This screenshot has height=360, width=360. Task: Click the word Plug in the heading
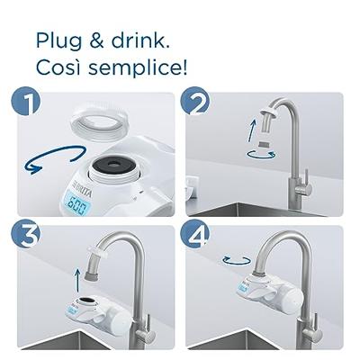click(58, 40)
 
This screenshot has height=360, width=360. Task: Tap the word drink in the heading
click(140, 40)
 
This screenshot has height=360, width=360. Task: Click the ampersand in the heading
click(96, 40)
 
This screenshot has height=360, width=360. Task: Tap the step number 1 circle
click(26, 101)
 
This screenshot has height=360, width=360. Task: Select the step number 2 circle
click(194, 101)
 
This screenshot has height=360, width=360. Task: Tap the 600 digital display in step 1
click(77, 204)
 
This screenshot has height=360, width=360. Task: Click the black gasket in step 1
click(113, 164)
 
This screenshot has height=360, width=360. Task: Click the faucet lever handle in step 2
click(306, 183)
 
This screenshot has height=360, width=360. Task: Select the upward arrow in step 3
click(77, 281)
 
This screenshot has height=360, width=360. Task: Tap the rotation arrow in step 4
click(237, 260)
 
